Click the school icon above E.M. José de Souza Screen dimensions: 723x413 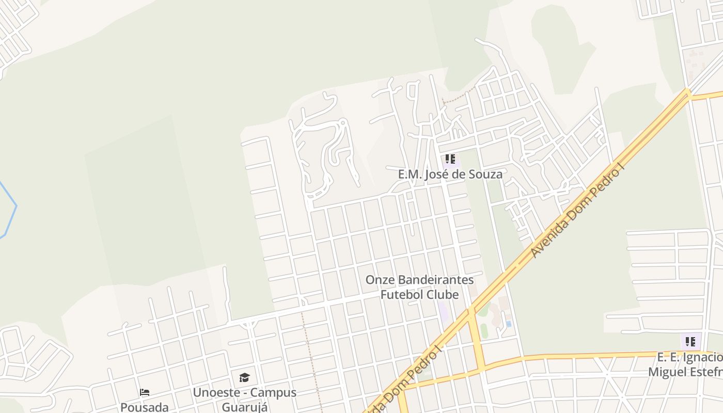point(450,159)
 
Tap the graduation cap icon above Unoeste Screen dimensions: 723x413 point(244,377)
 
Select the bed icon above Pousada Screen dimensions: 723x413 point(145,392)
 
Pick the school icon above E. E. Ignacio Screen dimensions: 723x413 point(690,341)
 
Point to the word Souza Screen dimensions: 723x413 point(485,174)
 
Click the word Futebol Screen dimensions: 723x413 point(401,295)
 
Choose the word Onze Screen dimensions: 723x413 point(379,280)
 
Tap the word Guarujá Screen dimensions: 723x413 point(245,407)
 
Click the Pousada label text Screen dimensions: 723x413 point(145,407)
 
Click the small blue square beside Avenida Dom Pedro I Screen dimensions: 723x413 point(509,324)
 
